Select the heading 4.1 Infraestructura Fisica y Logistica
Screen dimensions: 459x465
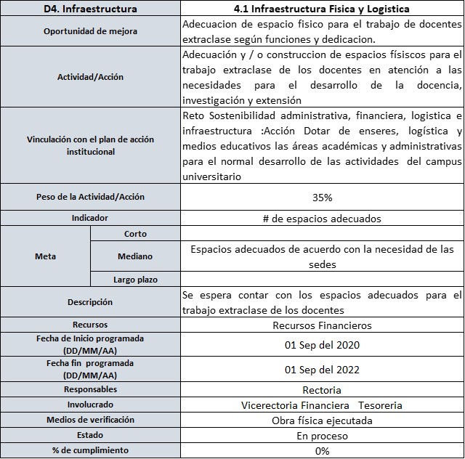tap(322, 9)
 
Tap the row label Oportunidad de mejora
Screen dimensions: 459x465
tap(90, 31)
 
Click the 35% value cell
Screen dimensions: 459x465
tap(322, 198)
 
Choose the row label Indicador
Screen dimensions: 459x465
tap(90, 217)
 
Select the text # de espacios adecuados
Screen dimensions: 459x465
tap(322, 218)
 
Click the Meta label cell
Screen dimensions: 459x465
tap(45, 256)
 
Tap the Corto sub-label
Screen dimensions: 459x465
tap(135, 234)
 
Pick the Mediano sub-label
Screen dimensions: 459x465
tap(135, 256)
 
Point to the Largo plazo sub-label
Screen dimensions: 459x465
tap(135, 279)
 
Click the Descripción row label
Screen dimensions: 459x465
tap(90, 301)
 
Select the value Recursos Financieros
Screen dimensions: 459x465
tap(322, 325)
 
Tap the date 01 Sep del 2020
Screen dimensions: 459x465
tap(322, 345)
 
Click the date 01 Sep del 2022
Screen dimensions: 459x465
tap(322, 369)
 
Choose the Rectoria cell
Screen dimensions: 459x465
tap(322, 390)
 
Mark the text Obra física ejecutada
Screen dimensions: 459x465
tap(322, 421)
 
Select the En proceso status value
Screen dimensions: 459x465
tap(322, 436)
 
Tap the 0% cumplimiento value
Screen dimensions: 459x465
tap(322, 451)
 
